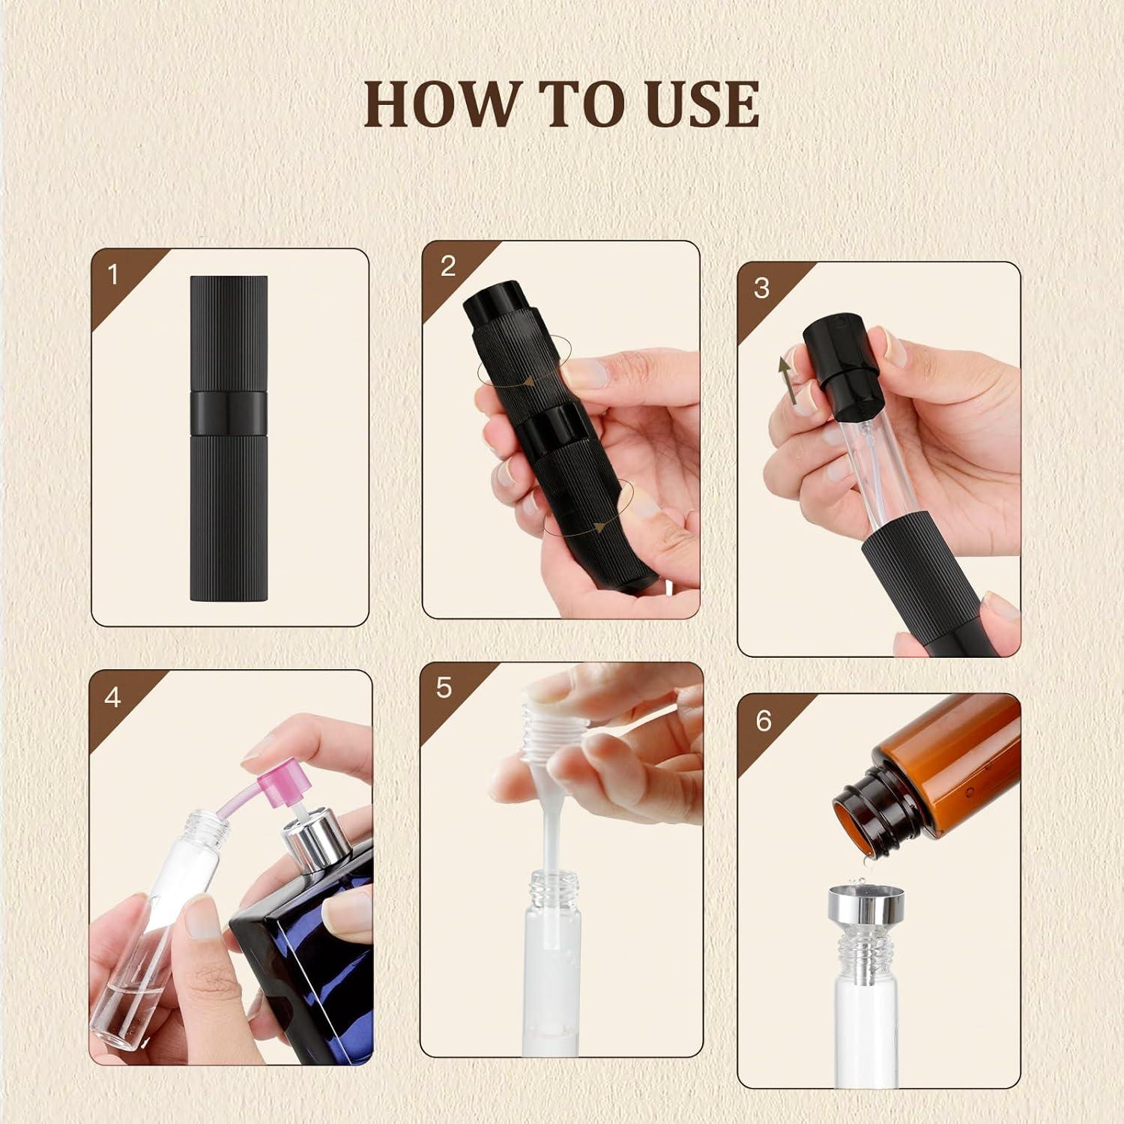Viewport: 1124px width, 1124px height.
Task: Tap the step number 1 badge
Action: (x=113, y=275)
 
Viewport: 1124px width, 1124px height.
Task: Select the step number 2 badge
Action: (x=448, y=266)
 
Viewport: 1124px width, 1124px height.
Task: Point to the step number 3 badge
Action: (x=761, y=288)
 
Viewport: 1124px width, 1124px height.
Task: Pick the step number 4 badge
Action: (x=112, y=698)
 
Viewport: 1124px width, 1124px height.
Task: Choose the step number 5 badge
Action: (x=444, y=687)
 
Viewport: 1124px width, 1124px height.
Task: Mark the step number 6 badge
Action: (x=763, y=720)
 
